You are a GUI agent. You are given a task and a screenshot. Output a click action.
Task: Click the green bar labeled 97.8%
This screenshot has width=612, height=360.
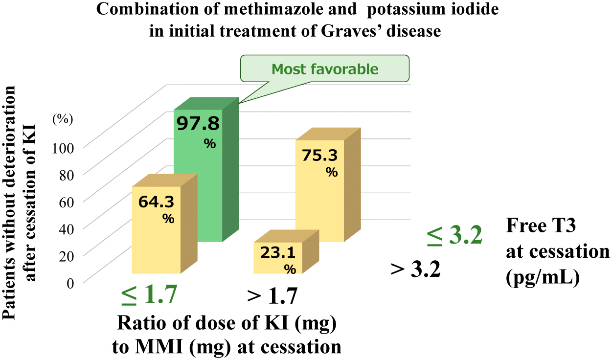pos(198,176)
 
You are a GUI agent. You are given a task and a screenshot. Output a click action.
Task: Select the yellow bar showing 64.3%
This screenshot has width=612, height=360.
pos(156,230)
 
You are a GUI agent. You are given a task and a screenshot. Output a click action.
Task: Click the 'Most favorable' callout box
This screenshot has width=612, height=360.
pos(325,68)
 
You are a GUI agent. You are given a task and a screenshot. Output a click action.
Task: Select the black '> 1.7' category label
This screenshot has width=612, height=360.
pos(272,296)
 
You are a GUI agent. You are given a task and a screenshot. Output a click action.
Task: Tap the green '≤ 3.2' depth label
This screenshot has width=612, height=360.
pos(455,236)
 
